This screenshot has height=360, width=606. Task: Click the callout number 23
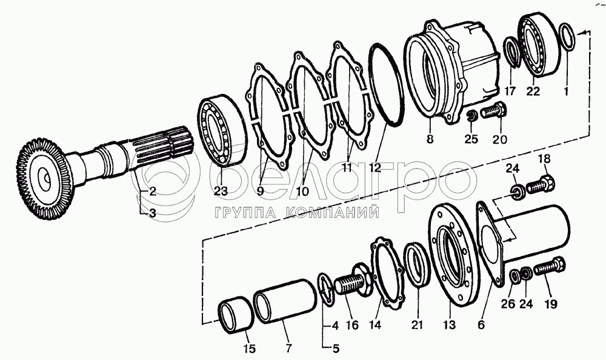coord(222,191)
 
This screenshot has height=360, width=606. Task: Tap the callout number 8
coord(430,138)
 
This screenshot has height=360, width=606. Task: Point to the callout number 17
coord(510,91)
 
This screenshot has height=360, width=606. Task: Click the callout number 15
coord(249,348)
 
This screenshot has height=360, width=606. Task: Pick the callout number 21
coord(417,325)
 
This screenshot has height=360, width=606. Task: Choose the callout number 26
coord(508,304)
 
